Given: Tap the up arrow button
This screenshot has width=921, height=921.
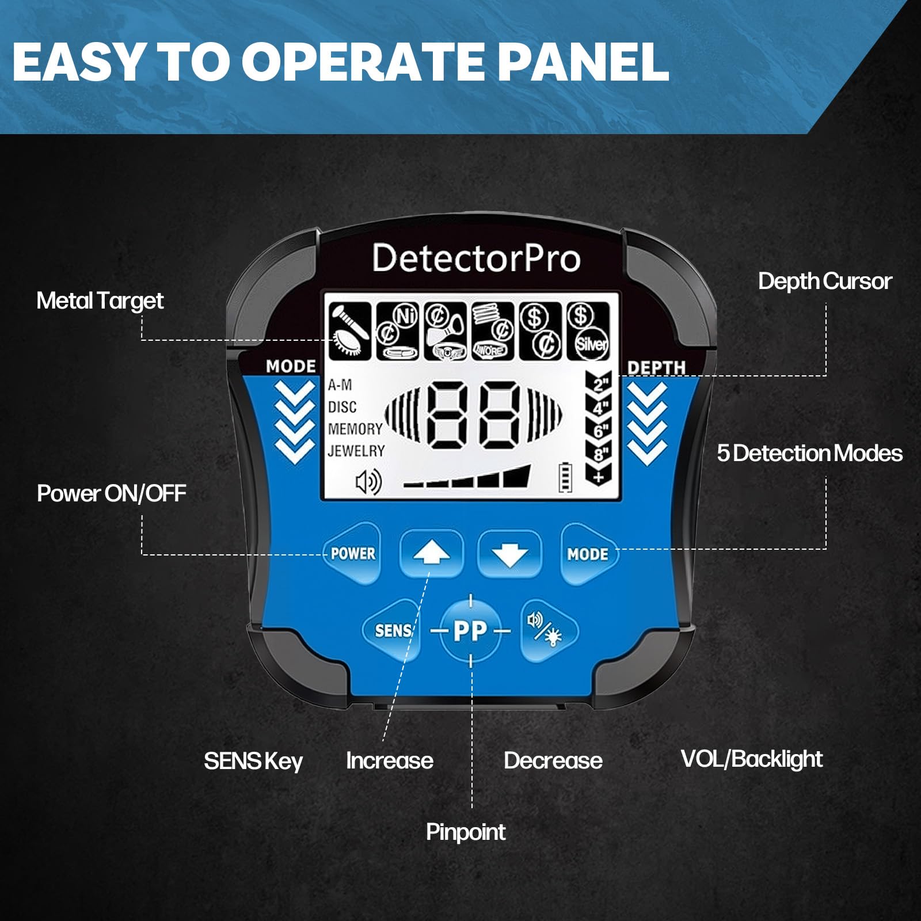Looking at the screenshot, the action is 431,554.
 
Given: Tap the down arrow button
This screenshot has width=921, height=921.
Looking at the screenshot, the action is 509,554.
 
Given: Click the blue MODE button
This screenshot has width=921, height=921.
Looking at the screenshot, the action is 588,554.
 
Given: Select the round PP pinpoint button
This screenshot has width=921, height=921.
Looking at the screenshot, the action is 471,631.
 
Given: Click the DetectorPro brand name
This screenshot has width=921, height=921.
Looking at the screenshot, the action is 476,258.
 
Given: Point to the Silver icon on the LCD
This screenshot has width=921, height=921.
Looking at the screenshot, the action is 590,344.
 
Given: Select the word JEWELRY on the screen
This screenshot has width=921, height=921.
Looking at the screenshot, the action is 356,451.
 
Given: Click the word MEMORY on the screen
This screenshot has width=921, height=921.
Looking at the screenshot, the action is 355,429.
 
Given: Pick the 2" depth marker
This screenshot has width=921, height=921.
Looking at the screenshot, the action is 599,384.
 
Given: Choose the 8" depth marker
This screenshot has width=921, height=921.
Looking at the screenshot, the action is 599,453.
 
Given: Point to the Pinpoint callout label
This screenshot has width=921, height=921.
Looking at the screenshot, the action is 466,832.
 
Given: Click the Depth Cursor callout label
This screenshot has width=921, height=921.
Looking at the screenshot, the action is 825,281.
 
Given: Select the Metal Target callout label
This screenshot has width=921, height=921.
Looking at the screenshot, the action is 100,301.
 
